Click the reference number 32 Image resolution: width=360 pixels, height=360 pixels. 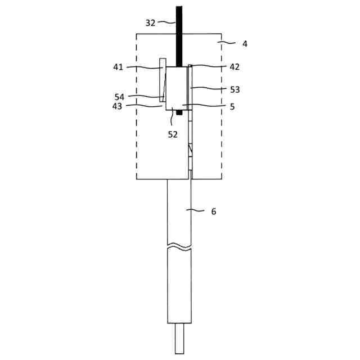tap(150, 23)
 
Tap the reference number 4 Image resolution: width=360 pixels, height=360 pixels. tap(245, 44)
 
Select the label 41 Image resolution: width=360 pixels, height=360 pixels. tap(118, 67)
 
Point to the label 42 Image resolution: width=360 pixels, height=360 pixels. tap(235, 67)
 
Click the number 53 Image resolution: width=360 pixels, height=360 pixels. tap(235, 89)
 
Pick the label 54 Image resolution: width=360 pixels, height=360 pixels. tap(119, 97)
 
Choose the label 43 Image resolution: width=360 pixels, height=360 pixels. tap(117, 106)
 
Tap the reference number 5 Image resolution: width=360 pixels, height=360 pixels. tap(232, 107)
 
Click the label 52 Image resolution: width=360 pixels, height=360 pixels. tap(173, 134)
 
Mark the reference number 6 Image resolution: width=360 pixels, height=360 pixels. tap(214, 211)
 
